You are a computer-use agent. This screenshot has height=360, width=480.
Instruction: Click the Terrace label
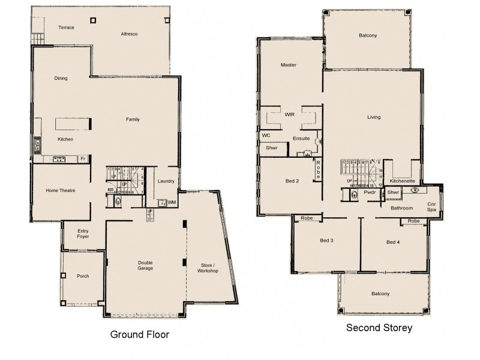coord(66,28)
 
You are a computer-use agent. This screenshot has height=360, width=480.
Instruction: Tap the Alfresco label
coord(129,34)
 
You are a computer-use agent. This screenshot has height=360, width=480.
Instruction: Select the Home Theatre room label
coord(60,191)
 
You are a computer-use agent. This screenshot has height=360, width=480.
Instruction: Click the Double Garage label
coord(145,265)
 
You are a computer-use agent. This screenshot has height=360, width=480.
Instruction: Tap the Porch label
coord(83,276)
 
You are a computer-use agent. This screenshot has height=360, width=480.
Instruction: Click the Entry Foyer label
coord(83,233)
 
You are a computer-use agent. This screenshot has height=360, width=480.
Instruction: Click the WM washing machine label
coord(172,203)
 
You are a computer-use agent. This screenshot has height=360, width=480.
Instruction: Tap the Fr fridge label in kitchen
coord(83,159)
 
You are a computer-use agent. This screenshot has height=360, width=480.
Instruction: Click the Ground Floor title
coord(140,334)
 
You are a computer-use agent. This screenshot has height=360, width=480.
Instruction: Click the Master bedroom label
coord(289,65)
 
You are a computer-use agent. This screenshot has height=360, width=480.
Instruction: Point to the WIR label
coord(289,113)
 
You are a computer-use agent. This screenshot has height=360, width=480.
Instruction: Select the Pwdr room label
coord(370,193)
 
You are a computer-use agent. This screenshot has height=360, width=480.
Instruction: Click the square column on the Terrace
coord(93,20)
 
